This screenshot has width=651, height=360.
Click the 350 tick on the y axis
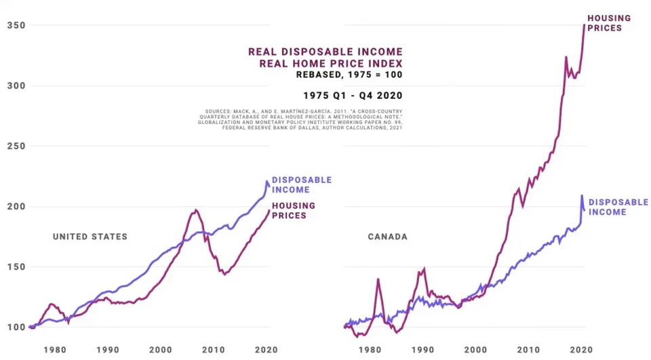pos(16,26)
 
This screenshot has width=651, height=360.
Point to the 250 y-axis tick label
pos(16,146)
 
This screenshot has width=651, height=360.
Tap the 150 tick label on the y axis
pos(16,267)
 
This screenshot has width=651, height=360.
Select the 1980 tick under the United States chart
pos(55,350)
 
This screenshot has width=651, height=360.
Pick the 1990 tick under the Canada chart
pos(422,350)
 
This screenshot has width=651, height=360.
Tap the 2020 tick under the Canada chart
pos(581,350)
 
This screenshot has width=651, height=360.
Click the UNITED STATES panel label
pos(90,237)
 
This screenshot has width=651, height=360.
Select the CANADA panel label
pos(387,237)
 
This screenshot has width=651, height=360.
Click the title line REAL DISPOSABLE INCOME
pos(325,52)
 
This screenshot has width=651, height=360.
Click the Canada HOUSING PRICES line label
pos(608,23)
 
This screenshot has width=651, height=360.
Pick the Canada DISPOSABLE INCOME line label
pos(618,207)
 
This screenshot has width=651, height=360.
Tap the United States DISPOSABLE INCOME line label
pos(301,184)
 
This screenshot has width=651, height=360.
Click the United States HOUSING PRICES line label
pos(293,210)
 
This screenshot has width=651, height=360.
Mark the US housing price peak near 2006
pos(195,210)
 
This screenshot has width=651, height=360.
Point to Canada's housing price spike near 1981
pos(378,279)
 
